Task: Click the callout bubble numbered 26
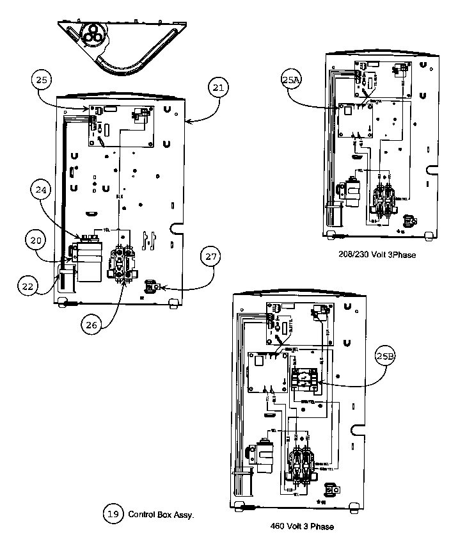[91, 324]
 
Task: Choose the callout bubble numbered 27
[210, 258]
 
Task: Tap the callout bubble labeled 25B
[385, 356]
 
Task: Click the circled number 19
[113, 513]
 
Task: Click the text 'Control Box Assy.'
[161, 514]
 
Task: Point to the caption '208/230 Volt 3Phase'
[377, 255]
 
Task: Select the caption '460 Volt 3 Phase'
[302, 527]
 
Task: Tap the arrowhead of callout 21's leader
[186, 120]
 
